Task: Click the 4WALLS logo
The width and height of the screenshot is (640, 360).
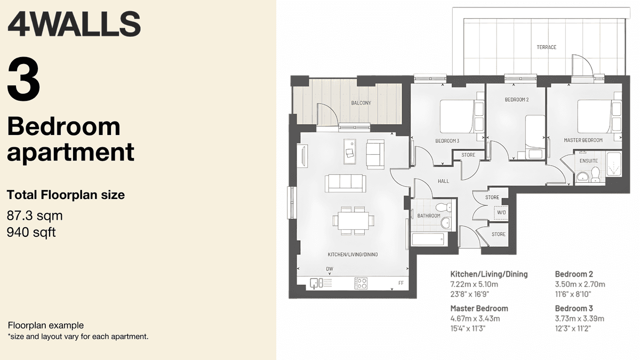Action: pos(74,25)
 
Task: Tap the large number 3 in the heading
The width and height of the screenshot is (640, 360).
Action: pos(24,82)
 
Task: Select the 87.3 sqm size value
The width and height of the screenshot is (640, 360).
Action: pos(35,216)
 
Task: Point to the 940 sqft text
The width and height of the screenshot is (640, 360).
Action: pos(31,233)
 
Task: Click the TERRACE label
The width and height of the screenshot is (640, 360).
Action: pos(546,47)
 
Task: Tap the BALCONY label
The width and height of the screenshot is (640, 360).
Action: pos(361,103)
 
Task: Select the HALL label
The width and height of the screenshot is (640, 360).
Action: pos(443,181)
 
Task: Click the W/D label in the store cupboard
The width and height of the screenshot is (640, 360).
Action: pos(501,212)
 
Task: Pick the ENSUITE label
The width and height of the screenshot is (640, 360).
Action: pos(588,161)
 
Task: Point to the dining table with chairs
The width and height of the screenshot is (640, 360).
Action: pos(353,220)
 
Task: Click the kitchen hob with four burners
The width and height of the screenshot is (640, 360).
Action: pos(361,283)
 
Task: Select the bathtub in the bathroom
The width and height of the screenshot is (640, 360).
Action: pos(428,238)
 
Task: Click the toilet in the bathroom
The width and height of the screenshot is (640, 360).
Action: pos(443,207)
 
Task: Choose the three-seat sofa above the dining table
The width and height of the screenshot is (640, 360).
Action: pos(345,182)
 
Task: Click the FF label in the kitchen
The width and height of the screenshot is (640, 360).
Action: pos(401,283)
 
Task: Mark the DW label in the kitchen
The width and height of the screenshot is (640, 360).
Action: pos(329,269)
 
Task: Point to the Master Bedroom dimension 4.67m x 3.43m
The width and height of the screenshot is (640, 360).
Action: pos(475,319)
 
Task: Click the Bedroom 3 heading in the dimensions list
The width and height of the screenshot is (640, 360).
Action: pos(574,308)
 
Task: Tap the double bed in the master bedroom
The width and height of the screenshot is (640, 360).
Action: pos(594,116)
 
